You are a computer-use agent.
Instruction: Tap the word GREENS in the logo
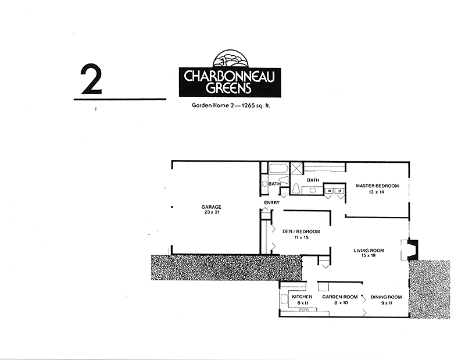pyautogui.click(x=227, y=88)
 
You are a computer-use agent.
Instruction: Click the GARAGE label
pyautogui.click(x=212, y=207)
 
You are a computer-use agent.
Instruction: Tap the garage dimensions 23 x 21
pyautogui.click(x=212, y=213)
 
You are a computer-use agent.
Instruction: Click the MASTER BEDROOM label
pyautogui.click(x=377, y=186)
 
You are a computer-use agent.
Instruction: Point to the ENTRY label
pyautogui.click(x=271, y=202)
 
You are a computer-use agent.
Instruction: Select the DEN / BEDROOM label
pyautogui.click(x=301, y=231)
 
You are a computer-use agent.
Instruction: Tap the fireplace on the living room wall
pyautogui.click(x=413, y=250)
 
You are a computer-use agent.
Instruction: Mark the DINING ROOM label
pyautogui.click(x=386, y=297)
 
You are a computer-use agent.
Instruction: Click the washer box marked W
pyautogui.click(x=329, y=190)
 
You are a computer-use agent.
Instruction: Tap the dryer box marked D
pyautogui.click(x=339, y=190)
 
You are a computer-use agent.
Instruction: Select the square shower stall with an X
pyautogui.click(x=296, y=170)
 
